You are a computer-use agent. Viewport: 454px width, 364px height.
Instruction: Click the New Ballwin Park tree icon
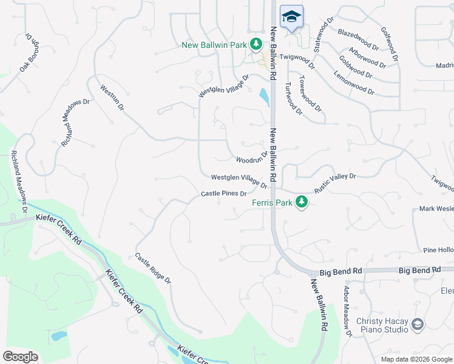256,44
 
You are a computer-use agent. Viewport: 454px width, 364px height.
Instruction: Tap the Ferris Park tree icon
301,203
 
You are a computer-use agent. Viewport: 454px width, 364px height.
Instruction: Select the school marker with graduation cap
291,17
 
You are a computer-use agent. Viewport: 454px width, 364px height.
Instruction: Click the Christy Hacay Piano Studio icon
417,324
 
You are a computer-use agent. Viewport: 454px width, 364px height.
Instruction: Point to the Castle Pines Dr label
223,194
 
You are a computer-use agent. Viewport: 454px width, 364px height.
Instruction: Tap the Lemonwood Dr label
354,83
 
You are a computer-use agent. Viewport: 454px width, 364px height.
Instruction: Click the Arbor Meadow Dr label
348,311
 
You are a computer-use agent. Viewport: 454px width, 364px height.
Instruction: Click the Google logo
20,356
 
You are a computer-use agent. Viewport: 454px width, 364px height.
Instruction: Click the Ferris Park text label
273,203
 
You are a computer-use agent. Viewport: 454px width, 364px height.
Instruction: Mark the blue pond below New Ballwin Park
265,97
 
